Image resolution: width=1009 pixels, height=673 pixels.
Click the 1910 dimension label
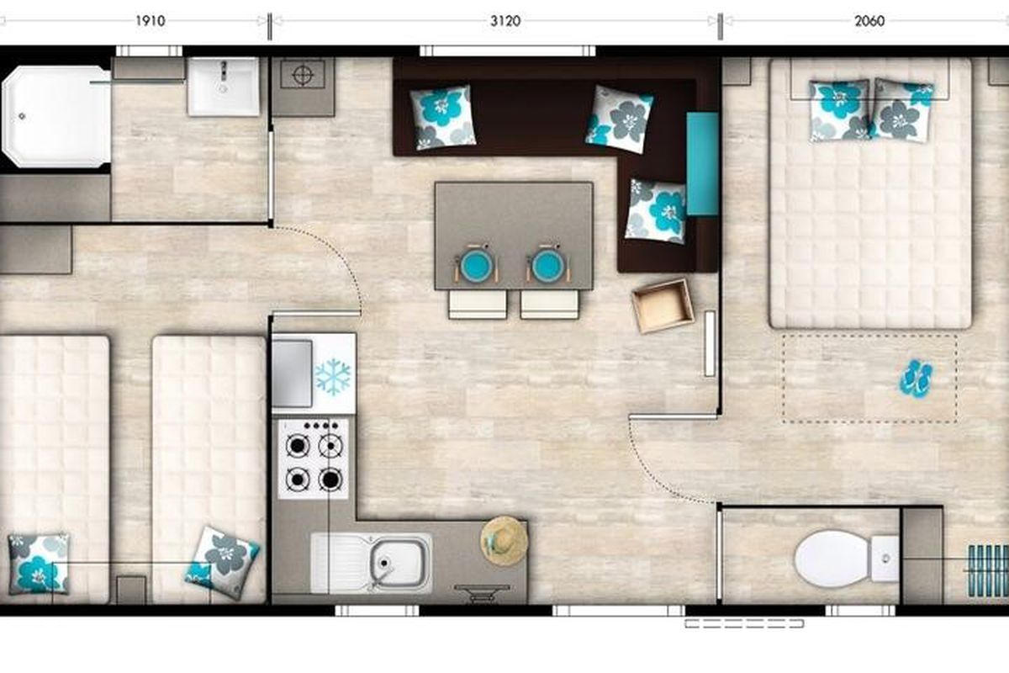pyautogui.click(x=151, y=21)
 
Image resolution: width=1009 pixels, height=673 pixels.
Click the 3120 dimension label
pyautogui.click(x=505, y=21)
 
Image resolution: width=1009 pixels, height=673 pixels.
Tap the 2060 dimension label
pyautogui.click(x=869, y=21)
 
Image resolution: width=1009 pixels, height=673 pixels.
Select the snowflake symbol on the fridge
pyautogui.click(x=332, y=376)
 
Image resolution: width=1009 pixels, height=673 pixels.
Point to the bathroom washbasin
pyautogui.click(x=224, y=87)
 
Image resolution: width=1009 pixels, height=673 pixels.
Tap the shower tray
pyautogui.click(x=55, y=116)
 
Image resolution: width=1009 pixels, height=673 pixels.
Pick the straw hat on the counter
pyautogui.click(x=504, y=540)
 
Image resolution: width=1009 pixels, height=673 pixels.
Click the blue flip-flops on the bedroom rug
pyautogui.click(x=917, y=378)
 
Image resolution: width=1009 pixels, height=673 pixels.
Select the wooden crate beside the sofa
pyautogui.click(x=663, y=306)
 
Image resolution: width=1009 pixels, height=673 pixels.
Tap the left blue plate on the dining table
pyautogui.click(x=477, y=265)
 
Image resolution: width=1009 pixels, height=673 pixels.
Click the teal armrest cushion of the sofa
pyautogui.click(x=702, y=164)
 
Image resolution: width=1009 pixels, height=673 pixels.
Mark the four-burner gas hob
pyautogui.click(x=314, y=458)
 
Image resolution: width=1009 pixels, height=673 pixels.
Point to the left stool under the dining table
pyautogui.click(x=477, y=305)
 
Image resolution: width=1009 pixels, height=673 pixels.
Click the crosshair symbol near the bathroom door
pyautogui.click(x=304, y=74)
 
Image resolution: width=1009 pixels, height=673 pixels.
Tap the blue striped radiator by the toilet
pyautogui.click(x=988, y=570)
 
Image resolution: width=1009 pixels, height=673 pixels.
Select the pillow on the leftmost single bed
pyautogui.click(x=39, y=563)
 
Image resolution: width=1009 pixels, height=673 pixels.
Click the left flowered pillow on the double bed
pyautogui.click(x=839, y=110)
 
